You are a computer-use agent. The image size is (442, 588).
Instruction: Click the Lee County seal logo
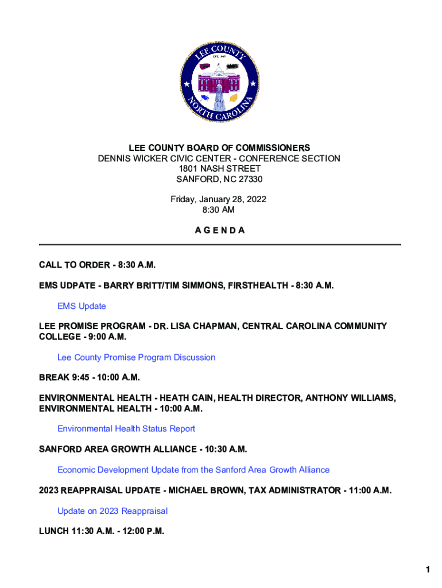tap(219, 83)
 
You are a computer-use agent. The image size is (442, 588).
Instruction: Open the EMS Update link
tap(82, 306)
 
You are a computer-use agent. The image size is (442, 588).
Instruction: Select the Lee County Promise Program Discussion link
tap(136, 357)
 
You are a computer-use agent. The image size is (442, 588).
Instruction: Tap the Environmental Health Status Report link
tap(126, 428)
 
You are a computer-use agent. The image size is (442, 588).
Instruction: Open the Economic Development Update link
tap(193, 470)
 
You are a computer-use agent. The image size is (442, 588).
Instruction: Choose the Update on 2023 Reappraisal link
tap(113, 511)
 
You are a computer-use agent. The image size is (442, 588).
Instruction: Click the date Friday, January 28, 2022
tap(219, 200)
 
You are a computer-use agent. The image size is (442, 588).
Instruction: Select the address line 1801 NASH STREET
tap(219, 169)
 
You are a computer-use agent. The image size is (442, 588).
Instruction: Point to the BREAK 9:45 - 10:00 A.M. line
tap(90, 377)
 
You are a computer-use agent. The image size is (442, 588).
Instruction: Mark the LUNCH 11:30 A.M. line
tap(101, 531)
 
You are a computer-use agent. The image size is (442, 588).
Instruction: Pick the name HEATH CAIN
tap(187, 398)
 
